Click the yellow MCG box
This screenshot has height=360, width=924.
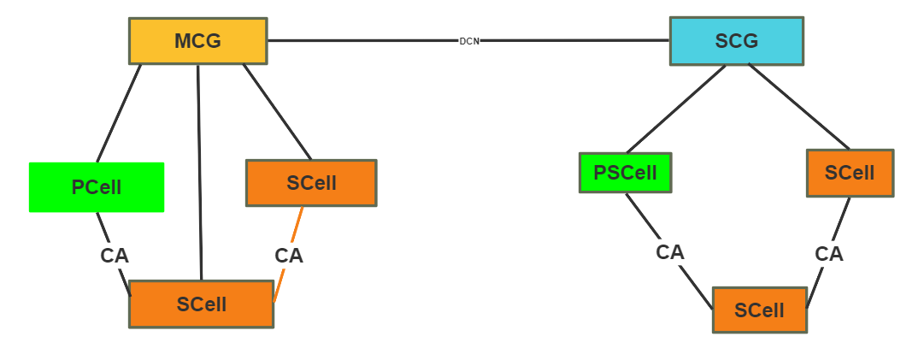pyautogui.click(x=197, y=41)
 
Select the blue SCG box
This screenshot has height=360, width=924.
pyautogui.click(x=736, y=41)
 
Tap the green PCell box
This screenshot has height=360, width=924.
pyautogui.click(x=97, y=187)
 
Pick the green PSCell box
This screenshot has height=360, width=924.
pyautogui.click(x=625, y=173)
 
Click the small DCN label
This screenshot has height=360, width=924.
pyautogui.click(x=469, y=41)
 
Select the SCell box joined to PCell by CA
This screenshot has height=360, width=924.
pyautogui.click(x=201, y=304)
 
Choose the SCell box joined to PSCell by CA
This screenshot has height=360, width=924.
pyautogui.click(x=759, y=310)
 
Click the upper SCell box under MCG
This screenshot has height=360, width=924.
pyautogui.click(x=311, y=183)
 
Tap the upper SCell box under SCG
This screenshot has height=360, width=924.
pyautogui.click(x=850, y=173)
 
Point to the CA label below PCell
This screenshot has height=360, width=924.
pyautogui.click(x=115, y=256)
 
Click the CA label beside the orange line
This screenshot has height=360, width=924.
pyautogui.click(x=289, y=256)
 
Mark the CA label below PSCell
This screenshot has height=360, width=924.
pyautogui.click(x=670, y=252)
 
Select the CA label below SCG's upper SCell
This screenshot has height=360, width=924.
pyautogui.click(x=829, y=254)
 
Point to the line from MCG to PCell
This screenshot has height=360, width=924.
pyautogui.click(x=119, y=113)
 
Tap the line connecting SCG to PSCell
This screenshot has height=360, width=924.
pyautogui.click(x=675, y=109)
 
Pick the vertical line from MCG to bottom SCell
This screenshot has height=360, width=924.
pyautogui.click(x=200, y=171)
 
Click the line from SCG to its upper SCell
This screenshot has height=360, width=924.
pyautogui.click(x=799, y=107)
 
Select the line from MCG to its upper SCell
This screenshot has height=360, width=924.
pyautogui.click(x=277, y=111)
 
